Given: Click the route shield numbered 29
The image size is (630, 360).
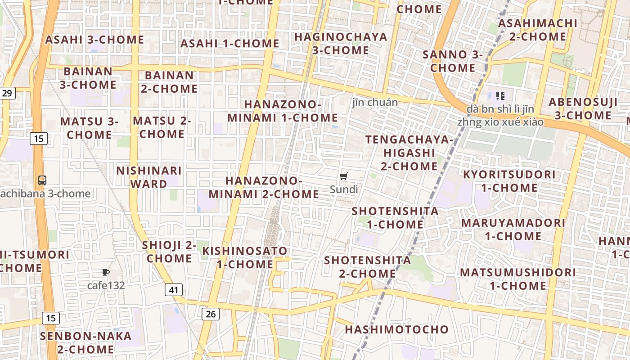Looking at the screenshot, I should pos(7,93).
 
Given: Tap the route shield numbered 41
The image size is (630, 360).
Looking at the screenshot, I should pos(174,290).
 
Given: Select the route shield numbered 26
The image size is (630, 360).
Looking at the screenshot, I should pos(211,314).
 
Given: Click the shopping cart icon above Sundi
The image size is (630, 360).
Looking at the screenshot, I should pos(344,176).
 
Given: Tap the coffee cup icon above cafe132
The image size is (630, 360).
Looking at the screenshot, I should pos(106,272).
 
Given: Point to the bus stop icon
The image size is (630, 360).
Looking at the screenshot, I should pos(42,180).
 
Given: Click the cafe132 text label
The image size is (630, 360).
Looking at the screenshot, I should pos(106,285).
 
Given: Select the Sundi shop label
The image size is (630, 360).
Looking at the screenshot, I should pos(344,189).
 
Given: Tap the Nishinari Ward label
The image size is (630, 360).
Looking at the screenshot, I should pos(149,177).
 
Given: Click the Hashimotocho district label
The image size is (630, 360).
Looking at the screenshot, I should pos(397,329).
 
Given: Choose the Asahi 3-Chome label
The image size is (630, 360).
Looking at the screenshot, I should pos(94,40).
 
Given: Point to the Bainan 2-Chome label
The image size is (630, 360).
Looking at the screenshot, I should pos(169,81).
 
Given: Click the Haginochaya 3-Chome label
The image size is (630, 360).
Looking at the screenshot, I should pos(341,43).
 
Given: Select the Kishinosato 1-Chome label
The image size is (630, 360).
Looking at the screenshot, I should pos(245,257).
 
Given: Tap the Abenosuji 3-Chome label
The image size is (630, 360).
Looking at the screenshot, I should pos(583,108).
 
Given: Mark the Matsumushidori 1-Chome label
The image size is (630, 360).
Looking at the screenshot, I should pos(518,279).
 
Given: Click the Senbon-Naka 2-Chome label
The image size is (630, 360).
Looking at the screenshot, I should pos(85,342).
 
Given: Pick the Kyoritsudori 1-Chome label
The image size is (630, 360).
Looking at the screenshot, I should pos(509,180).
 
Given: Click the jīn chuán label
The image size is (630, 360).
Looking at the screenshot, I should pos(375,103).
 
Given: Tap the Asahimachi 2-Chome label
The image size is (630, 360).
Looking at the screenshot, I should pos(538,29).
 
